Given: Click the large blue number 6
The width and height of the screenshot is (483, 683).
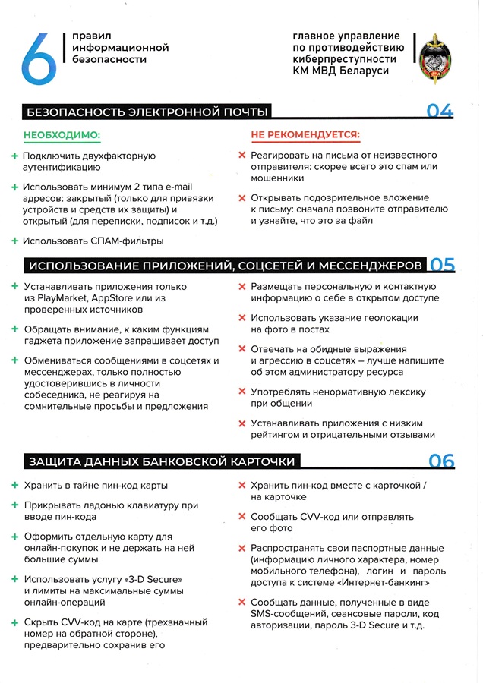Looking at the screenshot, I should pos(39,56).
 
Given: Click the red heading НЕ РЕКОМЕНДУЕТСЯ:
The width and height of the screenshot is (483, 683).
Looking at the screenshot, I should pos(305,135).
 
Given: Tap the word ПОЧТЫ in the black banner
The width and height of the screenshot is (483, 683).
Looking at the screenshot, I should pos(244,112).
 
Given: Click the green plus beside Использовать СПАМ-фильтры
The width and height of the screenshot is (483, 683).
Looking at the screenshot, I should pos(14,241).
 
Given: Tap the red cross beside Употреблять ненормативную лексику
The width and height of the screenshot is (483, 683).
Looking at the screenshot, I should pos(241,392).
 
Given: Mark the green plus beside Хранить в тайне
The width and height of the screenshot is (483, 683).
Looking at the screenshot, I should pos(14,485).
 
